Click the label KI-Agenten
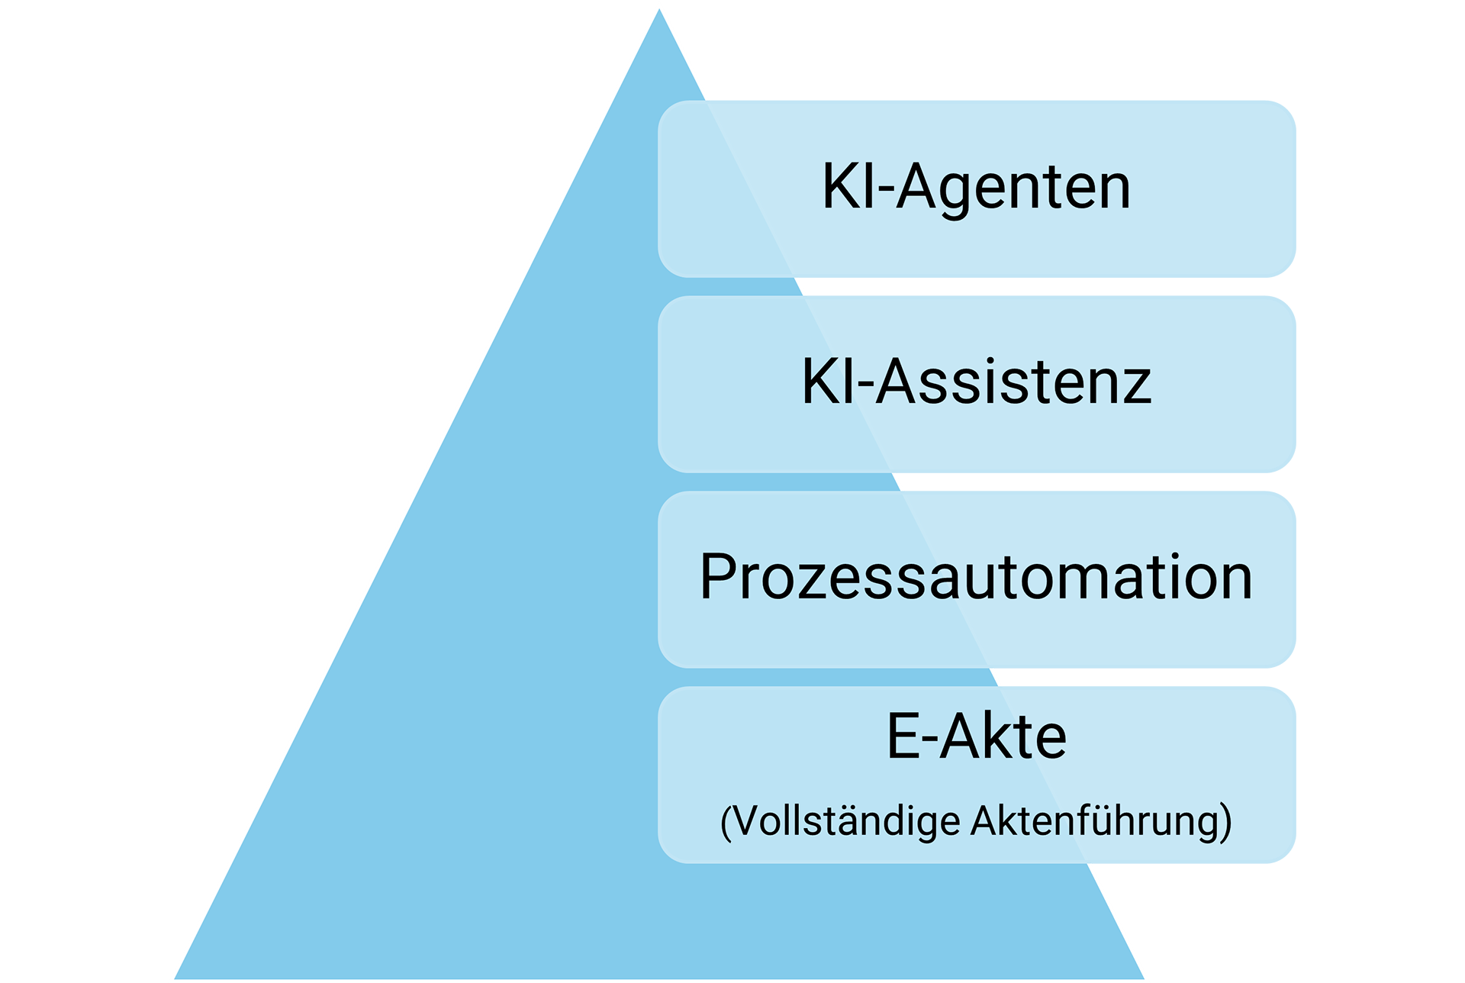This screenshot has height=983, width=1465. [975, 187]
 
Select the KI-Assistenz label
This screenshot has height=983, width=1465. [976, 382]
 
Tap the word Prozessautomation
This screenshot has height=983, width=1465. [975, 577]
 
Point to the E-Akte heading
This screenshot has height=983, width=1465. [976, 736]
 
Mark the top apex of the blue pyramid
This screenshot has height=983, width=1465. [659, 11]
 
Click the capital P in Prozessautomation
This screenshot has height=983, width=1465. [718, 577]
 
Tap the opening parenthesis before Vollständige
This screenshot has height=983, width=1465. [726, 822]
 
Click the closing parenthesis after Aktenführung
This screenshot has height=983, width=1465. [1225, 822]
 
